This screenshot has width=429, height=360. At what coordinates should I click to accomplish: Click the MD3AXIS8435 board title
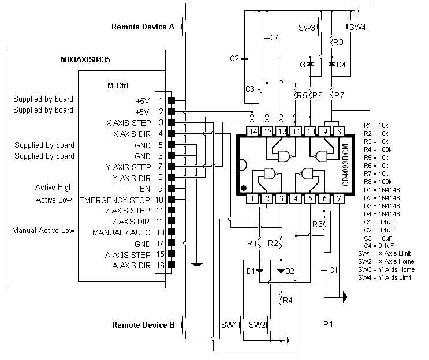coord(85,59)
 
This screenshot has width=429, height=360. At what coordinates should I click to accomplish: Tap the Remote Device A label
coord(143,27)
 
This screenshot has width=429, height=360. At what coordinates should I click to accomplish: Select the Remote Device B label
coord(143,325)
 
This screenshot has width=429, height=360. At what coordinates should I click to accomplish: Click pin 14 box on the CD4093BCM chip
coord(253,131)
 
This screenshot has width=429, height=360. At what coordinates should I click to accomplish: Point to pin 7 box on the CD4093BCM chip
coord(339,198)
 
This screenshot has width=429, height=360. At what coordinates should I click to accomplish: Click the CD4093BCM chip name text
coord(345,165)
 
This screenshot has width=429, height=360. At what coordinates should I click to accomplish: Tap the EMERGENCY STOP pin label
coord(114,200)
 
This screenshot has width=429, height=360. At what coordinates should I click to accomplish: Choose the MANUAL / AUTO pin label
coord(121,232)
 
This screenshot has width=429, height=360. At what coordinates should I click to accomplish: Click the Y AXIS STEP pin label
coord(128,167)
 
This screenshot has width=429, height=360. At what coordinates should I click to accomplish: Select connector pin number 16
coord(161,265)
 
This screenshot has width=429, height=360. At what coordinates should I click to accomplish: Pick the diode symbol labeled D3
coord(310,64)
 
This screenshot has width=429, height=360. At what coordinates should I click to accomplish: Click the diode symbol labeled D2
coord(281,271)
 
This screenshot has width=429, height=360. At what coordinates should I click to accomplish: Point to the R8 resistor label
coord(338,42)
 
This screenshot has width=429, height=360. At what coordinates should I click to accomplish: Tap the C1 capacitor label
coord(333,270)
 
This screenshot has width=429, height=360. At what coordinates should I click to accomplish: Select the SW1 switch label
coord(229,325)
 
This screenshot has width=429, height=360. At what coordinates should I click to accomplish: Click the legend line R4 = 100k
coord(378,149)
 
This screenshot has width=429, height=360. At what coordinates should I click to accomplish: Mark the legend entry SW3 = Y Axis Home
coord(386,269)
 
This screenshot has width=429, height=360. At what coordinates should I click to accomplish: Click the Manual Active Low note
coord(43,230)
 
